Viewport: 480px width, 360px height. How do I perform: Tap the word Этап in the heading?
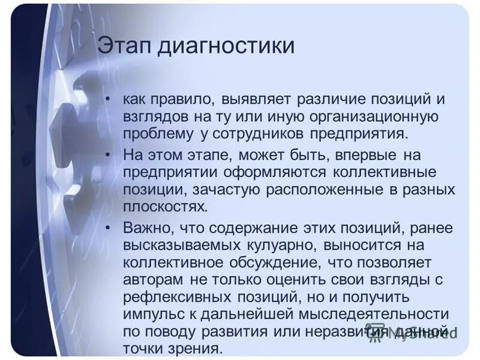[124, 46]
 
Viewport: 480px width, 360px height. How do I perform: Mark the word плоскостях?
[165, 207]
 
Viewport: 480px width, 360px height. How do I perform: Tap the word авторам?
[153, 280]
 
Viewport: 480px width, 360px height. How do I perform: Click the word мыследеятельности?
[371, 314]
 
